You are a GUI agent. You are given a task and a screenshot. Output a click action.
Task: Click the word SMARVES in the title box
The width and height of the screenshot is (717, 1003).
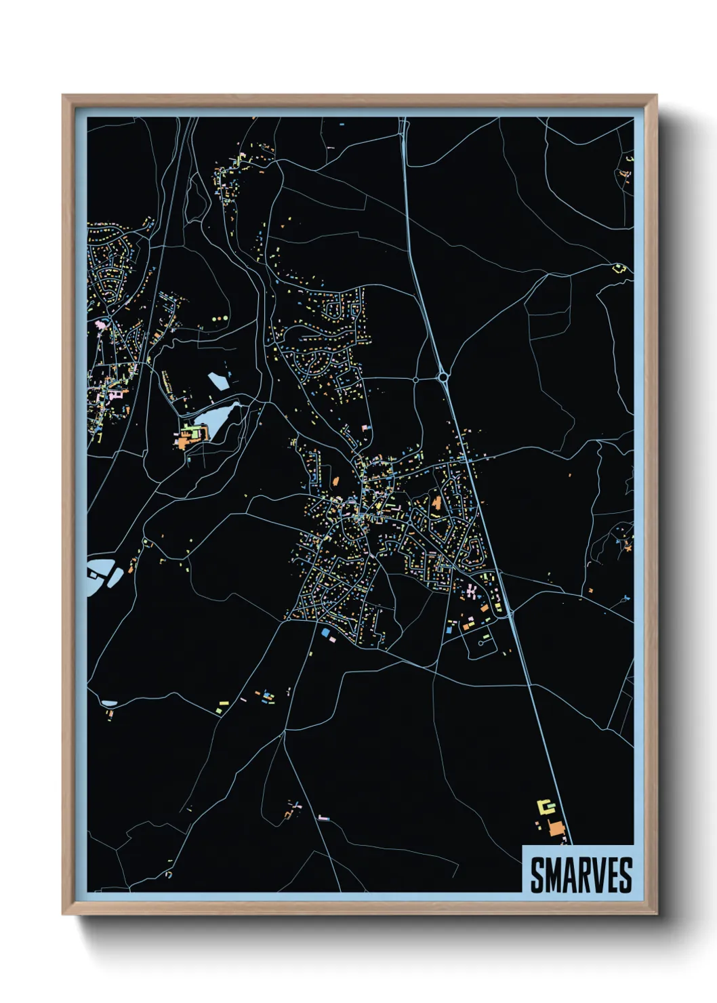point(581,875)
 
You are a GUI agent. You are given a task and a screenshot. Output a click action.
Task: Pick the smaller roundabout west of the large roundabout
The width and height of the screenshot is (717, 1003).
point(415,380)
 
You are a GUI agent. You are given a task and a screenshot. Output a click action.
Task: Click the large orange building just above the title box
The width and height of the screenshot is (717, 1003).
point(556,828)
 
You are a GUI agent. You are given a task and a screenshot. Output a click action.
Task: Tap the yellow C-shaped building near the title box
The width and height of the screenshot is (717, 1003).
point(546,806)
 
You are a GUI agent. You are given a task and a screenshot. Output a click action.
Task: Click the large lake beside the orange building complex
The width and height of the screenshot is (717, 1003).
point(220,420)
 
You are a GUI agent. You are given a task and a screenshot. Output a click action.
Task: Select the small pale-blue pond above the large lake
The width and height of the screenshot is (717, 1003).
point(218,382)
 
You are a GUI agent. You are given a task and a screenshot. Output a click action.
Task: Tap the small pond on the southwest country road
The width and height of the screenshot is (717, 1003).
point(108,703)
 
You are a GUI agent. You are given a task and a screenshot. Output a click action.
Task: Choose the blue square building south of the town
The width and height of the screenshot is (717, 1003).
point(326,632)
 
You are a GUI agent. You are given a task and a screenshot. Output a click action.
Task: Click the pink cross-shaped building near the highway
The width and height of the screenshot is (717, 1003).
point(470,592)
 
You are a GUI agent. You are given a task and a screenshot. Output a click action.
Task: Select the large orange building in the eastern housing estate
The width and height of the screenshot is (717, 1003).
point(437,504)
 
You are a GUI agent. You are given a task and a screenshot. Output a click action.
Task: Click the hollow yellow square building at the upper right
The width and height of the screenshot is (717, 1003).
point(618,268)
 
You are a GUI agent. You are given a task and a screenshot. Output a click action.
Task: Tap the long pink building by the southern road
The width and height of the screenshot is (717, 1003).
point(324,818)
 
